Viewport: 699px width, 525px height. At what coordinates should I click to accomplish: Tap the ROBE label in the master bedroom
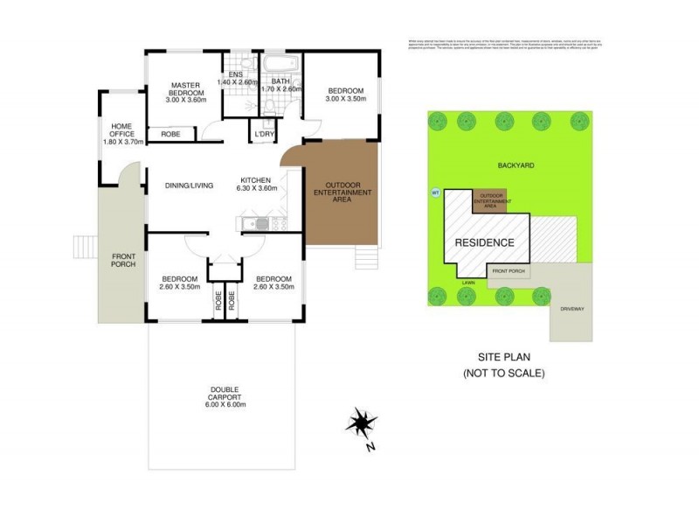(x=171, y=134)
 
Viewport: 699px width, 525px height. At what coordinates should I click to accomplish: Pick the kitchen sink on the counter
(x=255, y=224)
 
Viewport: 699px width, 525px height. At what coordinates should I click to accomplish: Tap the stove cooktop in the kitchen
(x=277, y=224)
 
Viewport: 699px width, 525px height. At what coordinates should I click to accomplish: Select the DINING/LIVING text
(x=190, y=185)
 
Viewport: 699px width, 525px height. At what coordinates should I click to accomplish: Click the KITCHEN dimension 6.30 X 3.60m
(x=259, y=187)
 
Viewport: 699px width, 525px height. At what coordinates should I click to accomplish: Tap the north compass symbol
(x=358, y=425)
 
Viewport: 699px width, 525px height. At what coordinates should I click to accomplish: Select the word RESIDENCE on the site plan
(x=483, y=241)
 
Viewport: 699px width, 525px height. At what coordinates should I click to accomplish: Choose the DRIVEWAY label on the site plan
(x=571, y=308)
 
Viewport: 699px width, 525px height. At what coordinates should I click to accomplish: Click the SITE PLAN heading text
(x=504, y=357)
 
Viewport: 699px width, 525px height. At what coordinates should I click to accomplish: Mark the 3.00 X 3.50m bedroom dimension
(x=345, y=100)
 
